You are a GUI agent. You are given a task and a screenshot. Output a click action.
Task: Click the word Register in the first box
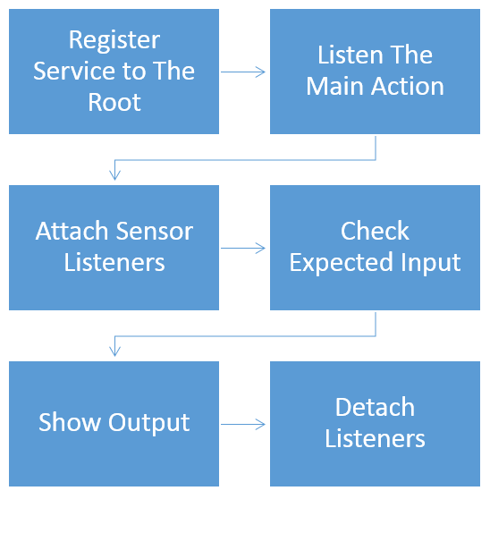(x=114, y=41)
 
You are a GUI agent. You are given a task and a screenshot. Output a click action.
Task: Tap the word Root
(x=114, y=102)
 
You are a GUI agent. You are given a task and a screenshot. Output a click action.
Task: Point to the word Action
(x=408, y=86)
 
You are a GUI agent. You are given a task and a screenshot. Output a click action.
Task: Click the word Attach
(x=72, y=231)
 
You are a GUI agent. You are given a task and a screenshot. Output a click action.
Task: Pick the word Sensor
(x=155, y=231)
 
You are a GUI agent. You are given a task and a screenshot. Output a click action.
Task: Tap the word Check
(x=375, y=231)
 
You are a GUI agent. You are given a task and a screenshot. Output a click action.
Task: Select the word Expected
(x=342, y=264)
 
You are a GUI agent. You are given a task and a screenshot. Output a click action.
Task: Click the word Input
(x=430, y=264)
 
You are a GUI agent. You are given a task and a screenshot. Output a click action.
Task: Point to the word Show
(x=70, y=422)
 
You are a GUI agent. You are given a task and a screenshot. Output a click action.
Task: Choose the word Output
(x=148, y=423)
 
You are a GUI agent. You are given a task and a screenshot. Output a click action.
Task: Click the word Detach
(x=375, y=407)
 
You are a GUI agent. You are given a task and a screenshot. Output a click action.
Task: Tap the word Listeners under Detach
(x=375, y=438)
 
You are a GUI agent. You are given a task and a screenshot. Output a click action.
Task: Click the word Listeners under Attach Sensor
(x=114, y=262)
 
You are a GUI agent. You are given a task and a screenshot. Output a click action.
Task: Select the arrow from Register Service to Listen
(x=242, y=72)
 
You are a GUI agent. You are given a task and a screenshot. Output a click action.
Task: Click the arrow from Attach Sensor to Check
(x=242, y=248)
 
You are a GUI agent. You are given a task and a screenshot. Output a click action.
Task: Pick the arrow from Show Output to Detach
(x=242, y=424)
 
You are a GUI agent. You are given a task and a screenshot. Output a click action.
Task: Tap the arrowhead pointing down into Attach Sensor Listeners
(x=114, y=175)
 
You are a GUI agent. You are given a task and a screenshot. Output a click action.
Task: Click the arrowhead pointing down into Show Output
(x=114, y=351)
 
